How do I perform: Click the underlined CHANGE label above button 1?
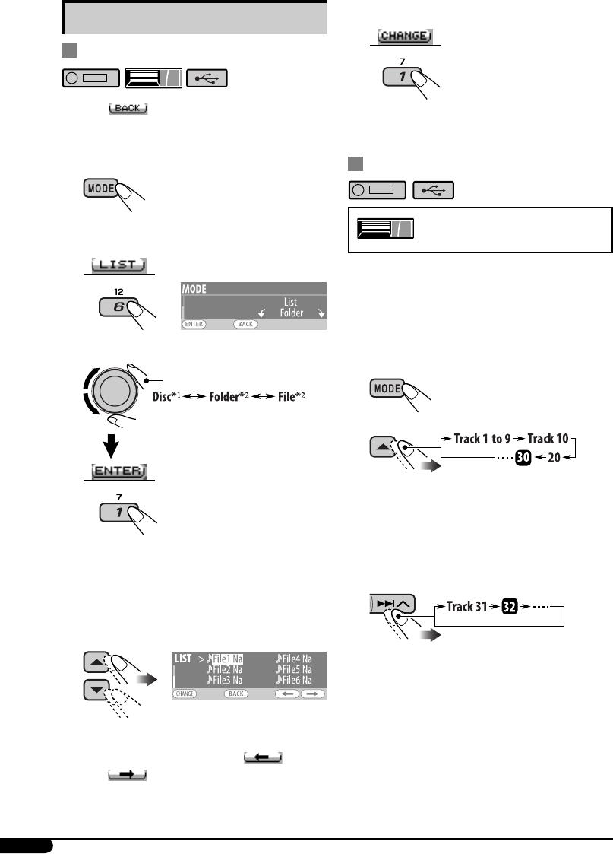coord(404,37)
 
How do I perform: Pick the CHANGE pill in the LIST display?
coord(185,694)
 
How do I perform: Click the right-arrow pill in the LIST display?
coord(311,694)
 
